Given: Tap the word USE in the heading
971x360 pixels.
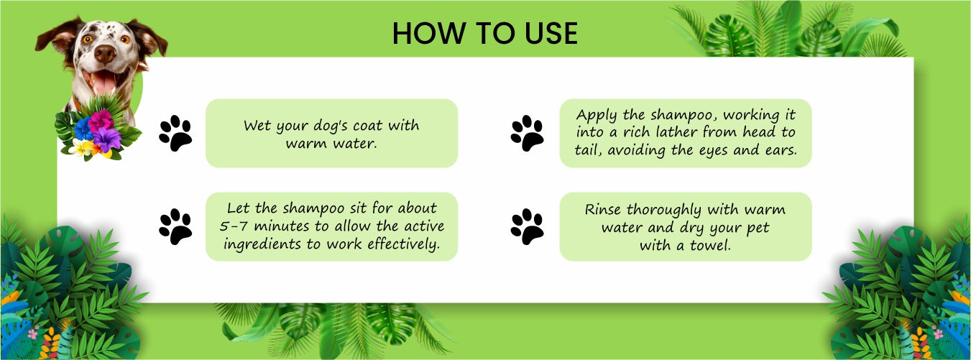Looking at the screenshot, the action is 551,33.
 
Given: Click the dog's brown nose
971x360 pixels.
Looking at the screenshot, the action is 105,54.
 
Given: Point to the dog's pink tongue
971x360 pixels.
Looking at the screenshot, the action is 104,83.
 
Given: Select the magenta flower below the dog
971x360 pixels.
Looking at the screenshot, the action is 101,121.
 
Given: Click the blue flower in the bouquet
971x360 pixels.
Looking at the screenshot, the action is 83,129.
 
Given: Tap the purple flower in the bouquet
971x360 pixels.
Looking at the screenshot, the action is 106,139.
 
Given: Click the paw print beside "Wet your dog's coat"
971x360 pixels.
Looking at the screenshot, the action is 175,133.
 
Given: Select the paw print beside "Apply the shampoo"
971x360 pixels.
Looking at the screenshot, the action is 527,133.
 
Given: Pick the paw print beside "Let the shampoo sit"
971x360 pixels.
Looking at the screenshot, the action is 175,226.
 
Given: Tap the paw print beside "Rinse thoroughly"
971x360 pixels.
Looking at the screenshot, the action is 527,226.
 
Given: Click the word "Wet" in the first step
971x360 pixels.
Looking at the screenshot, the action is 257,126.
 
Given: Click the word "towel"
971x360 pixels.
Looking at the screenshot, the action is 710,246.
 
